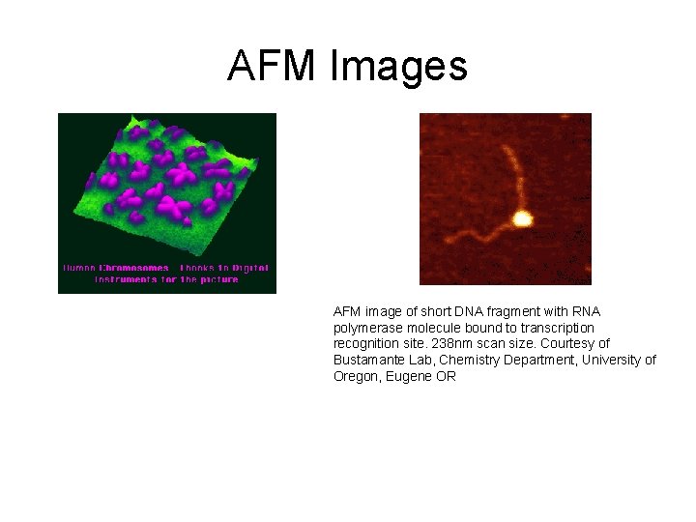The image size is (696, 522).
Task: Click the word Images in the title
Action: [x=398, y=66]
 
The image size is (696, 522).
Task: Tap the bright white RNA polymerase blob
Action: [x=522, y=219]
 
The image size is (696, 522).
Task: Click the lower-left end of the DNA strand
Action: [x=446, y=236]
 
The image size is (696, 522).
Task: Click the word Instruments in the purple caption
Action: [x=125, y=279]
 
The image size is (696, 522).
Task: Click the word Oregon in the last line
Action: [x=356, y=377]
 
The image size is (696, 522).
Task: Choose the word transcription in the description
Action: [x=558, y=328]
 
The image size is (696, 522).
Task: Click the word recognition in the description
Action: [x=367, y=344]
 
